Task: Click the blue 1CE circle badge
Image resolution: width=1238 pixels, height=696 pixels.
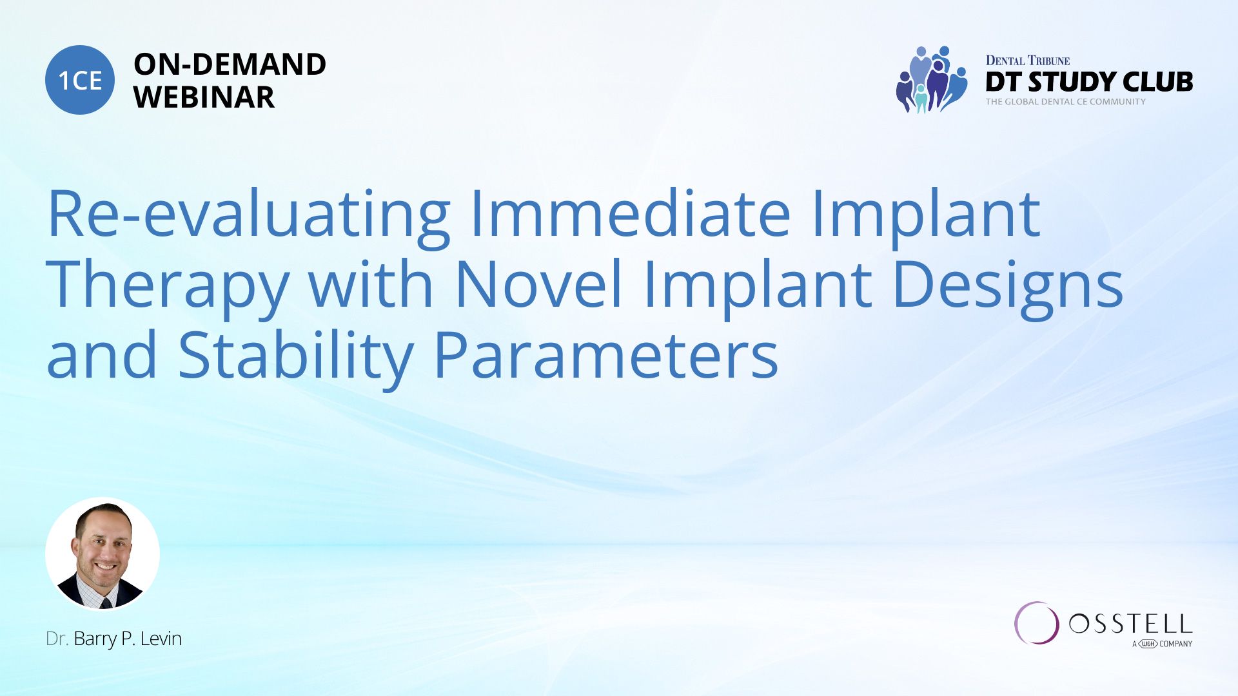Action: pos(80,80)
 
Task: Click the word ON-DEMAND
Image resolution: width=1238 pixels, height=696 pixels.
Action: pos(230,64)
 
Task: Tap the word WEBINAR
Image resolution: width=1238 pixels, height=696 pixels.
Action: pos(204,97)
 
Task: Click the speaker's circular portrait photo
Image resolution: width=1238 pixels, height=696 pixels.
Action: pos(103,554)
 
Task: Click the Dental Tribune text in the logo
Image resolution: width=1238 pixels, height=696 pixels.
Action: pos(1028,61)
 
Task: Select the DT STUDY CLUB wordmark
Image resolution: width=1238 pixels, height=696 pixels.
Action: pos(1089,82)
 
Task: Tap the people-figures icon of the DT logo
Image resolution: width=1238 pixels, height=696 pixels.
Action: pos(932,79)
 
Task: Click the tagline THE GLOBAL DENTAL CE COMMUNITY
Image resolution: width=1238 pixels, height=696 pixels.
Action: pos(1065,102)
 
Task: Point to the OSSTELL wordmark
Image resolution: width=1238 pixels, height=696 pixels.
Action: pos(1130,624)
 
